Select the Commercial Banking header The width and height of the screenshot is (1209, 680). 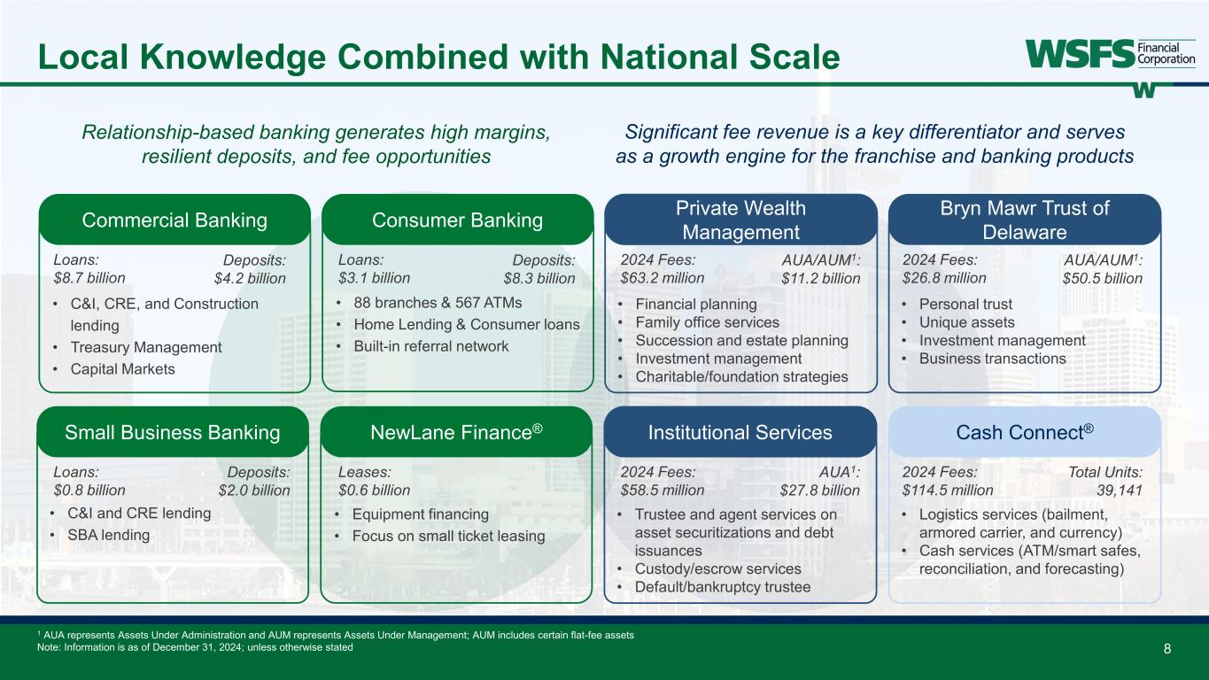coord(174,220)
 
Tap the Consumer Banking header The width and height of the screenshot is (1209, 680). coord(457,220)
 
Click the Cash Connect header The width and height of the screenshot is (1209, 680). coord(1025,431)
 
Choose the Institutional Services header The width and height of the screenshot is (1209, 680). coord(740,432)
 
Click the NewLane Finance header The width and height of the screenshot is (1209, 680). coord(457,431)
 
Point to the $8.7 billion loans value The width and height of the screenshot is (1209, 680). coord(89,277)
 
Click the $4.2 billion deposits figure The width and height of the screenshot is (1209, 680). coord(251,278)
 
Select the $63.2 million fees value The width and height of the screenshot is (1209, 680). coord(663,277)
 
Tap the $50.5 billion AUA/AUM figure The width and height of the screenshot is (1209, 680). coord(1103,278)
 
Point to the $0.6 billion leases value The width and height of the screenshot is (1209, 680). coord(374,490)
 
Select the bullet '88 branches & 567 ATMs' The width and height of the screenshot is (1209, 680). coord(438,303)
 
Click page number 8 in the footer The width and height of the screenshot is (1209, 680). coord(1167,648)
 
